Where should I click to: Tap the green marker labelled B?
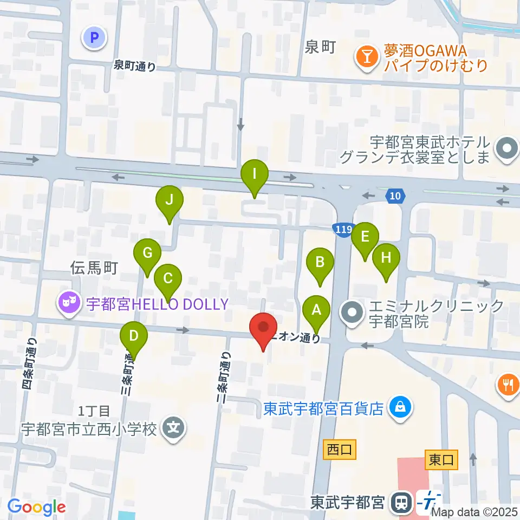point(320,263)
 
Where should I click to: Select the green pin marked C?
point(167,279)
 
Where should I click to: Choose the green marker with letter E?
point(365,237)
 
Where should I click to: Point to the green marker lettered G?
point(148,253)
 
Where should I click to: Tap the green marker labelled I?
point(255,175)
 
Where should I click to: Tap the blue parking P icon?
point(94,37)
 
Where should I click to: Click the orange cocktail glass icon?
point(367,56)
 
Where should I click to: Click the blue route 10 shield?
point(396,196)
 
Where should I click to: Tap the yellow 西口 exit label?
point(340,449)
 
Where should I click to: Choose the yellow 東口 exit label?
point(441,460)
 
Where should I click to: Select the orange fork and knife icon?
point(508,385)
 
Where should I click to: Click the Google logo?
point(37,507)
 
